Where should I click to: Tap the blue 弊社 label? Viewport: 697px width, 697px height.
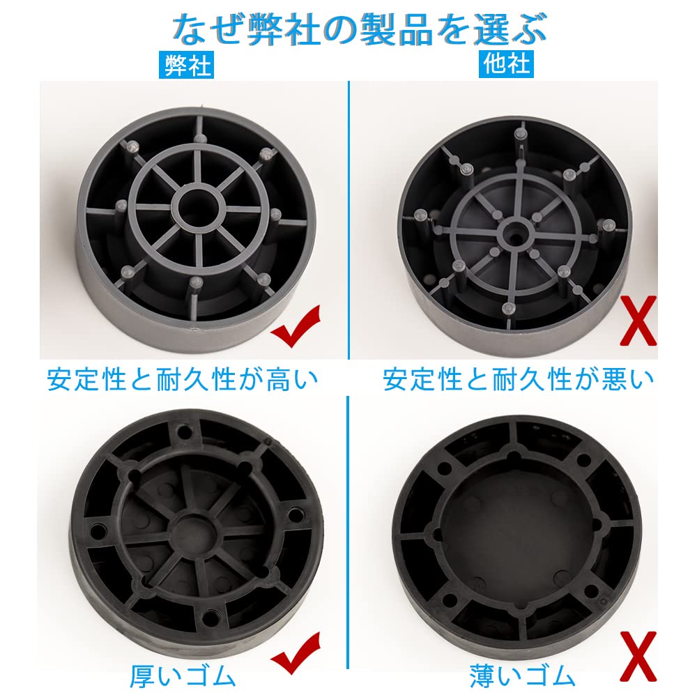pos(185,66)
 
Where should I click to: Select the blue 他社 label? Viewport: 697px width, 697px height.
pos(507,65)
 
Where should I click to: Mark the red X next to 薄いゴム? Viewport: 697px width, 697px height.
pos(637,655)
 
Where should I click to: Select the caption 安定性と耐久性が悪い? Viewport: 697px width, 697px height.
pos(519,380)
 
